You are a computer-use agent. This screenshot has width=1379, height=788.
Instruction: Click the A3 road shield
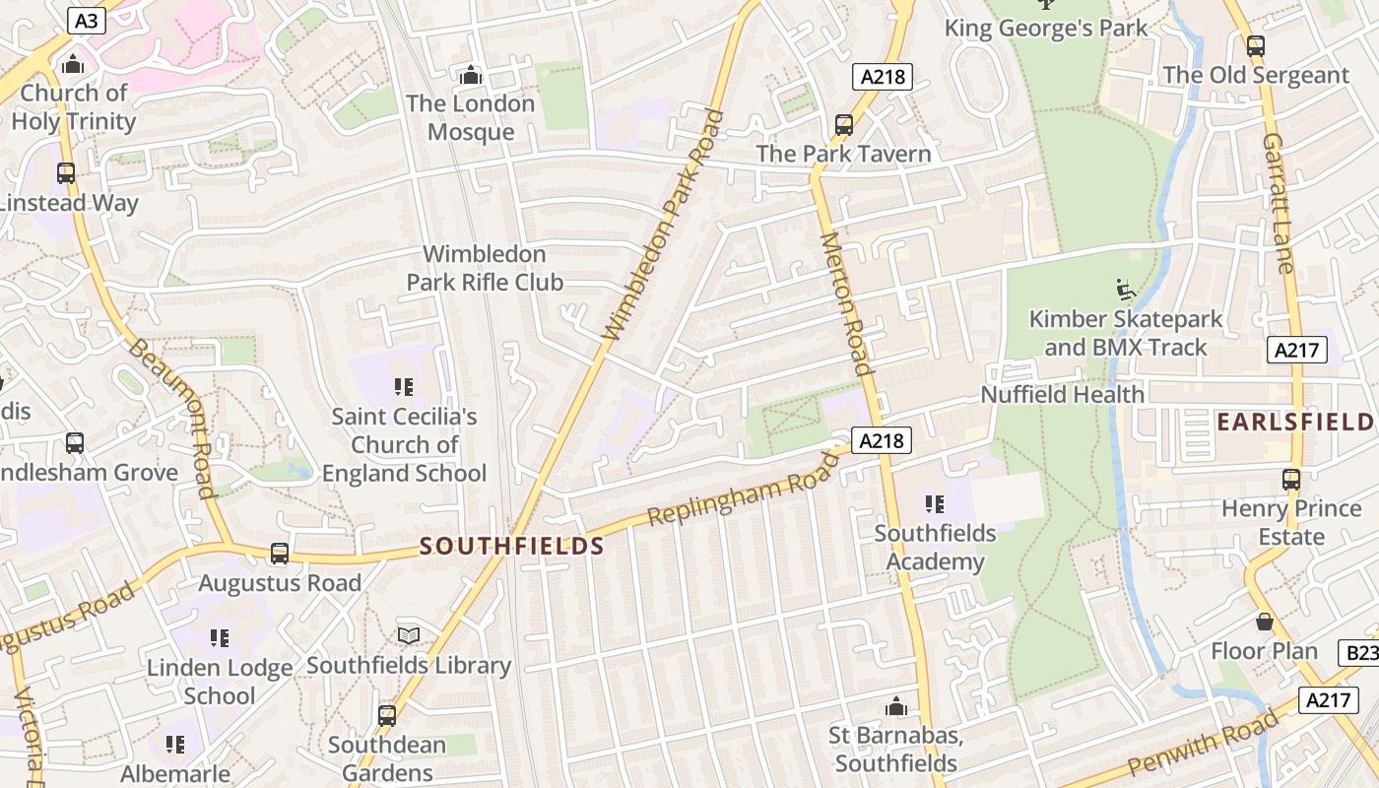click(x=86, y=20)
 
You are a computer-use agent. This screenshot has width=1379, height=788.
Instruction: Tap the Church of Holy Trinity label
click(x=74, y=107)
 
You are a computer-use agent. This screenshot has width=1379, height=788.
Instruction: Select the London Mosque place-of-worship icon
click(x=471, y=75)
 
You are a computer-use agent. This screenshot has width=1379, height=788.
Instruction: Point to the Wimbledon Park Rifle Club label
click(x=485, y=268)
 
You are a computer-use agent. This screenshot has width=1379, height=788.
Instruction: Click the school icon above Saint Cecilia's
click(x=403, y=386)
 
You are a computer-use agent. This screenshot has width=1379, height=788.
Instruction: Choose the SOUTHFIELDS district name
click(x=511, y=546)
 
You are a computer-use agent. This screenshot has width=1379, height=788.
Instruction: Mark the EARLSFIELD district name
click(x=1294, y=423)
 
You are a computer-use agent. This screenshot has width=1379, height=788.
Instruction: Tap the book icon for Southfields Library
click(x=409, y=636)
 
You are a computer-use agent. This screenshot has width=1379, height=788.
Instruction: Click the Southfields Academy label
click(x=935, y=548)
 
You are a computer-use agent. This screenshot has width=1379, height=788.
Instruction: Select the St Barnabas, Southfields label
click(x=894, y=750)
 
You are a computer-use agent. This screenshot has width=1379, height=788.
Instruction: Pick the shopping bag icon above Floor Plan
click(x=1265, y=622)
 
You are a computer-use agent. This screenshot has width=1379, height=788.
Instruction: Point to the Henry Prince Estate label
click(x=1290, y=523)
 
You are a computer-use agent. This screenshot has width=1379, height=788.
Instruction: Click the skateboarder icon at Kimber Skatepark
click(x=1126, y=290)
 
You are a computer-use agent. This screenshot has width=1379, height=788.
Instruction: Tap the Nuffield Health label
click(x=1062, y=395)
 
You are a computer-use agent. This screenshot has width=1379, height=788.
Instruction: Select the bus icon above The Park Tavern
click(x=843, y=125)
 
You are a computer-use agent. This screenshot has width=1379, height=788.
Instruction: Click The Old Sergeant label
click(x=1255, y=75)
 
